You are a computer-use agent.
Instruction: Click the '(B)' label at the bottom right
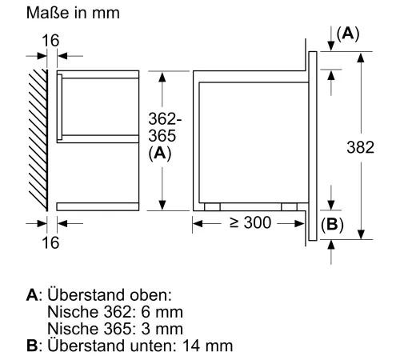click(x=331, y=225)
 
